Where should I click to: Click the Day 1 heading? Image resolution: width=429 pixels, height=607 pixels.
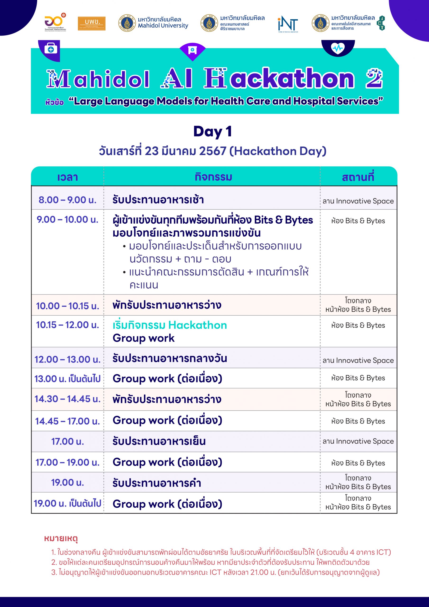coord(213,131)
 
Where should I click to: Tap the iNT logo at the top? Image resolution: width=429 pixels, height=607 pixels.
coord(288,24)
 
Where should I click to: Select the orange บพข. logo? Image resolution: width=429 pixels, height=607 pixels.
coord(91,23)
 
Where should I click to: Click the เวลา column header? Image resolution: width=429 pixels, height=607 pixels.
coord(68,177)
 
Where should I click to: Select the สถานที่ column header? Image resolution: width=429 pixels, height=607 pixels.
coord(358,177)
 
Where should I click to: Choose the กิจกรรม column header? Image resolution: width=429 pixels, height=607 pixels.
coord(213,177)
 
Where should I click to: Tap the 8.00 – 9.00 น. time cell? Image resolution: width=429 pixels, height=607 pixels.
coord(68,200)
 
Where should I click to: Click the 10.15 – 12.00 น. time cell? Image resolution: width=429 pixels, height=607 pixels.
coord(68,325)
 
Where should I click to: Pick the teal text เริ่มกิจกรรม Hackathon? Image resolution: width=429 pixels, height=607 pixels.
coord(170,325)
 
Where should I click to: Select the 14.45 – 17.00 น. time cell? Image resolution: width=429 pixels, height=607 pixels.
coord(68,421)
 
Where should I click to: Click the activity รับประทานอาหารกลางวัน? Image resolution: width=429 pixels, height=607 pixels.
coord(170,358)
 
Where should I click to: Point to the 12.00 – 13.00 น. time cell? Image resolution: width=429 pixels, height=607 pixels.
coord(68,359)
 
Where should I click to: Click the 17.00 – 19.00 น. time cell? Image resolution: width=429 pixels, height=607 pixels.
coord(68,462)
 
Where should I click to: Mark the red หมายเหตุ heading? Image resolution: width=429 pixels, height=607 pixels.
coord(61,538)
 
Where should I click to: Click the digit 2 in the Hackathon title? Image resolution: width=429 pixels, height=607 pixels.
coord(374,78)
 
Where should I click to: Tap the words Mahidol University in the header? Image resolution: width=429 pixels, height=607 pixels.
coord(163,26)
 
